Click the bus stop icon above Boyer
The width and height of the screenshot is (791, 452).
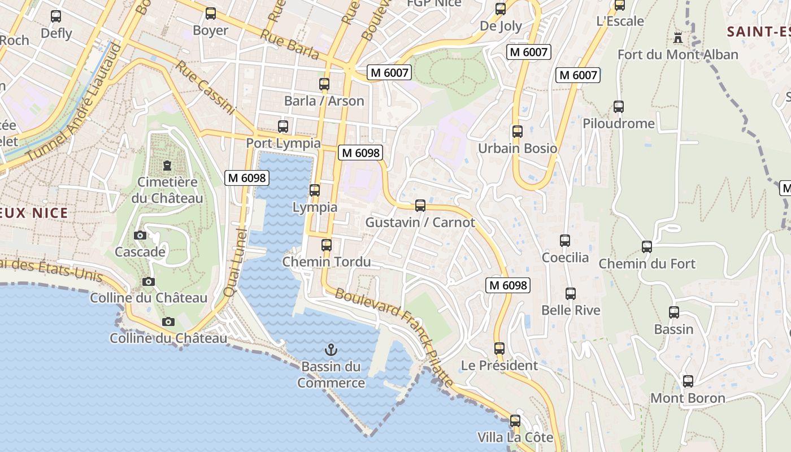coord(211,14)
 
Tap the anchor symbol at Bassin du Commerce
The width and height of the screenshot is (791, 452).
coord(332,350)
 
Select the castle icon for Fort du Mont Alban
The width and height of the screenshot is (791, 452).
coord(678,38)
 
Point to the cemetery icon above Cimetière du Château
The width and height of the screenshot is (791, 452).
coord(167,166)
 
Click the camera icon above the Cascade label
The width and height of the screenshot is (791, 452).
coord(140,235)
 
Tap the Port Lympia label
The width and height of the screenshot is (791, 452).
coord(283,144)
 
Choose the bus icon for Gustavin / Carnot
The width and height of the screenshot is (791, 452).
coord(420,206)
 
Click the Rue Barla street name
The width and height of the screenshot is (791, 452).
coord(289,44)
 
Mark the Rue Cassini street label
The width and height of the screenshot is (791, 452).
coord(205,88)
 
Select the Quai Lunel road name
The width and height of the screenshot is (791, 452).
coord(236,263)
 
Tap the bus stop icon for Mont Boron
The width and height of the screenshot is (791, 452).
coord(688,381)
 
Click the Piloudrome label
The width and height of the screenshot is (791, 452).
coord(619,124)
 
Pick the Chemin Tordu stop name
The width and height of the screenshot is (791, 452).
coord(327,262)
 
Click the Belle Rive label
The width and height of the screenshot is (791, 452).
coord(571,310)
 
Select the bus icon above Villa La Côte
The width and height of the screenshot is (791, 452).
coord(515,421)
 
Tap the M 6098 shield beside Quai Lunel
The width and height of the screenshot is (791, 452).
coord(246,178)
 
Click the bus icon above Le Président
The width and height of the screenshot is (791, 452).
coord(499,349)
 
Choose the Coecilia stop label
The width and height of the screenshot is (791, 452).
coord(565,258)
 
